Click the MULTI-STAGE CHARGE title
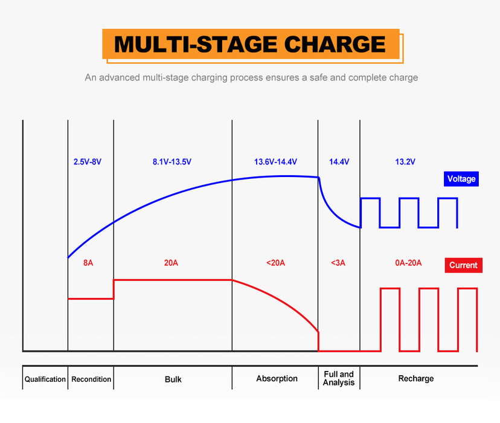coord(250,45)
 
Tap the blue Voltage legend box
coord(461,179)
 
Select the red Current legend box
coord(463,265)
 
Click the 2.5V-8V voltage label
coord(88,162)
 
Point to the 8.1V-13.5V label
coord(172,162)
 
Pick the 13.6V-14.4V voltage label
coord(275,162)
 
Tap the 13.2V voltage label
coord(405,162)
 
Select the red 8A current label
coord(88,263)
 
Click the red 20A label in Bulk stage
coord(171,263)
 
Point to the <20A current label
coord(275,263)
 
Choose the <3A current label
coord(339,263)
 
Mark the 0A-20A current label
coord(408,263)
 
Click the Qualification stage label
coord(45,379)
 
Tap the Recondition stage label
coord(91,379)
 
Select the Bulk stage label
coord(173,379)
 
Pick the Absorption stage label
coord(277,379)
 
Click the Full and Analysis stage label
coord(338,379)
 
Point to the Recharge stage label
coord(416,379)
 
